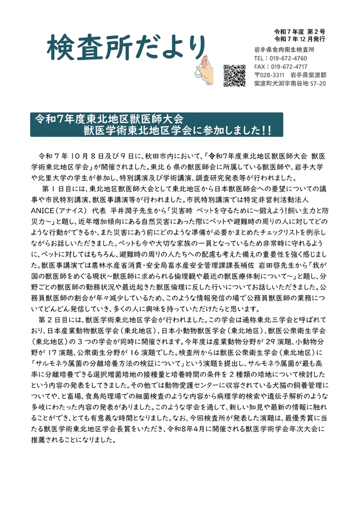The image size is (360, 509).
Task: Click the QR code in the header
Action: click(234, 75)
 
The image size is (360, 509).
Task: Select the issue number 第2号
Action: click(316, 32)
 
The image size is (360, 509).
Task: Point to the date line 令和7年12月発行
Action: click(300, 39)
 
